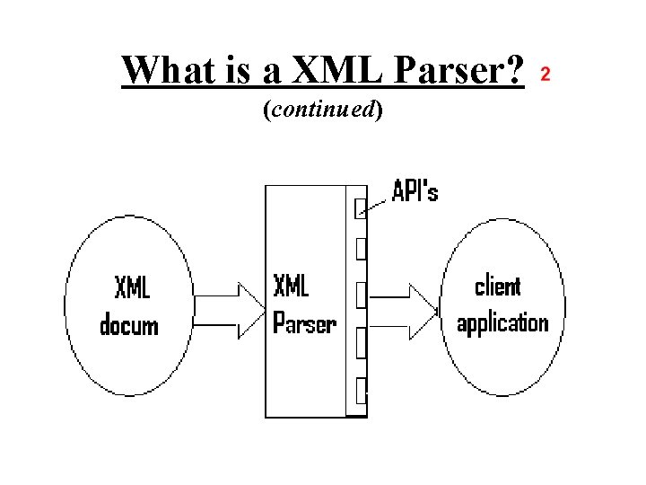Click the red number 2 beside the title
pyautogui.click(x=545, y=73)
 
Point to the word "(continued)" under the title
pyautogui.click(x=322, y=110)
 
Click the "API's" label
pyautogui.click(x=415, y=191)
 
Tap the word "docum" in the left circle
pyautogui.click(x=128, y=324)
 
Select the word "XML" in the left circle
pyautogui.click(x=132, y=288)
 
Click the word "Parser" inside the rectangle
pyautogui.click(x=303, y=322)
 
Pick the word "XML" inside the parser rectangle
pyautogui.click(x=291, y=287)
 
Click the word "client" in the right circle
pyautogui.click(x=497, y=287)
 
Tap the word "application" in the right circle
pyautogui.click(x=502, y=322)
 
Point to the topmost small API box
pyautogui.click(x=361, y=207)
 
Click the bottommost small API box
pyautogui.click(x=361, y=391)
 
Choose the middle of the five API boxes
pyautogui.click(x=361, y=294)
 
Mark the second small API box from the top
pyautogui.click(x=361, y=248)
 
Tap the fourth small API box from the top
pyautogui.click(x=361, y=342)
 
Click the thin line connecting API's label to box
pyautogui.click(x=378, y=204)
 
